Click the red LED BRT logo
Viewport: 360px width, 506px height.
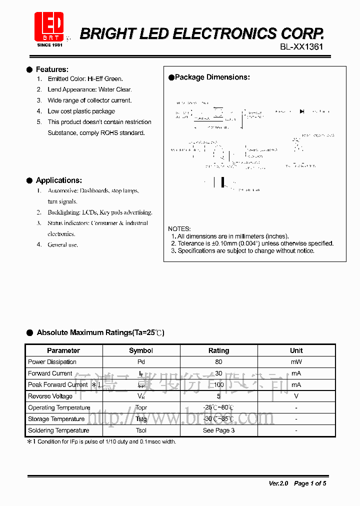click(x=49, y=28)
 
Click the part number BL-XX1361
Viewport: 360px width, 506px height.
click(x=301, y=46)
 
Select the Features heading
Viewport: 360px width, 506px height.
click(x=52, y=69)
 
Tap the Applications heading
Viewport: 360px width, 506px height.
click(x=58, y=180)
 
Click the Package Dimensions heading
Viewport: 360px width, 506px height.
click(x=212, y=77)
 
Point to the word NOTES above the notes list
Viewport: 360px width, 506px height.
click(x=179, y=229)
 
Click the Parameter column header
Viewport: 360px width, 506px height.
click(x=63, y=350)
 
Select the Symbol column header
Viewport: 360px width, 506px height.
click(x=141, y=350)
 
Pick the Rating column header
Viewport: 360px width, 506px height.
click(x=218, y=350)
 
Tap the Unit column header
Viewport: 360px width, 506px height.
click(x=296, y=350)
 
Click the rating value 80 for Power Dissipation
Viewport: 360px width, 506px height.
click(x=218, y=362)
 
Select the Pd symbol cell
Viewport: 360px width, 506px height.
click(x=141, y=362)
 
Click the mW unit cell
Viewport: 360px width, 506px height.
click(x=296, y=362)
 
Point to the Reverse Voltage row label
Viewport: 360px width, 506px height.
click(x=50, y=396)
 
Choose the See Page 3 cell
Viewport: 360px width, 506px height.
click(x=218, y=430)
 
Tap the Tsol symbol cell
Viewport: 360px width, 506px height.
click(x=141, y=430)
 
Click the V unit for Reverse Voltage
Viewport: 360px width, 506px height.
click(x=296, y=396)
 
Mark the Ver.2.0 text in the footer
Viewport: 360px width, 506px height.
click(x=278, y=483)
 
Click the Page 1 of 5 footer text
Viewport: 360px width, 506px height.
click(x=310, y=483)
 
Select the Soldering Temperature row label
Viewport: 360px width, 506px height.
click(x=58, y=430)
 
